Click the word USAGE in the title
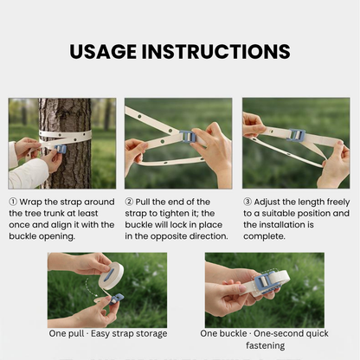[x=103, y=52]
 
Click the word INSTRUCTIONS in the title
[x=215, y=52]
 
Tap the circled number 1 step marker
[x=13, y=202]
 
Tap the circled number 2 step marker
[x=129, y=202]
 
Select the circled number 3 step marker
[x=247, y=202]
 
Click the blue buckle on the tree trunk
[x=61, y=149]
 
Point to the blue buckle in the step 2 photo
[x=188, y=137]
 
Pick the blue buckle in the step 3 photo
[x=296, y=135]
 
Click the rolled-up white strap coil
[x=111, y=276]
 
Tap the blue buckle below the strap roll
[x=117, y=299]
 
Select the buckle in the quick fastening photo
[x=266, y=282]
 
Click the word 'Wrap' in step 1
[x=30, y=202]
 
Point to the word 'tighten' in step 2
[x=176, y=214]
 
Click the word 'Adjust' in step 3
[x=267, y=202]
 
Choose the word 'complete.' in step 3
[x=264, y=236]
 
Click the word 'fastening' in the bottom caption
[x=266, y=345]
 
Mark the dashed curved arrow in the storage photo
[x=90, y=286]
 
